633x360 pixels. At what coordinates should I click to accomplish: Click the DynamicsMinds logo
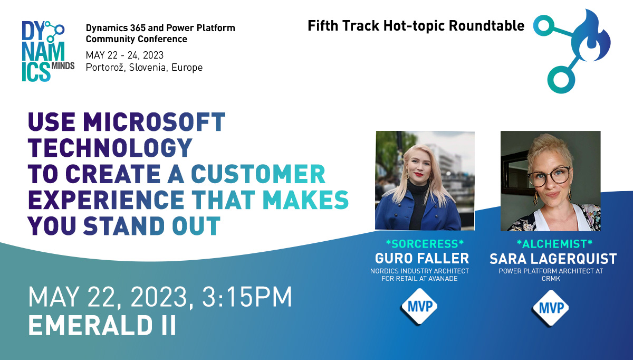(x=49, y=51)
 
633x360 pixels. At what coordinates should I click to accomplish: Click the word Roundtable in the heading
(x=486, y=26)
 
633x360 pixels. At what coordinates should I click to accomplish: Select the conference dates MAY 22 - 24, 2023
(x=124, y=55)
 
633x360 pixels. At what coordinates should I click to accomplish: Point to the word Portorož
(x=105, y=68)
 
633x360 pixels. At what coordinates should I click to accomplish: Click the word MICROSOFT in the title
(x=154, y=122)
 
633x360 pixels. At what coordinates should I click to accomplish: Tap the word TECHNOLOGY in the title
(x=110, y=148)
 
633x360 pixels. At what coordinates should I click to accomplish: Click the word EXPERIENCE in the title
(x=106, y=200)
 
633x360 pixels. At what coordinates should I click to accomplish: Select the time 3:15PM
(x=247, y=297)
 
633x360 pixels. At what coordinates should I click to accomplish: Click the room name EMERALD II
(x=102, y=325)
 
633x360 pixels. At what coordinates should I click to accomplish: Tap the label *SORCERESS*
(x=425, y=244)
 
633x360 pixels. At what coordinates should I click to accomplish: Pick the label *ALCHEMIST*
(x=554, y=244)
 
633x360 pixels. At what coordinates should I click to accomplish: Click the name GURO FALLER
(x=422, y=258)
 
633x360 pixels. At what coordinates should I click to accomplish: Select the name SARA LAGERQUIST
(x=553, y=259)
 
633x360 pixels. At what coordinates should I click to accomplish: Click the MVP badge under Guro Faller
(x=420, y=306)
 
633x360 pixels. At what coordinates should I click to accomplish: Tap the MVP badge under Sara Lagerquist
(x=551, y=308)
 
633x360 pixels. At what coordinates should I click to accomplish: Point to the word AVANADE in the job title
(x=443, y=279)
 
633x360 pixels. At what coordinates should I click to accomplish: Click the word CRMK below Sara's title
(x=551, y=279)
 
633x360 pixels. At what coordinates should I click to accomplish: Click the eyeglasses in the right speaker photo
(x=548, y=177)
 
